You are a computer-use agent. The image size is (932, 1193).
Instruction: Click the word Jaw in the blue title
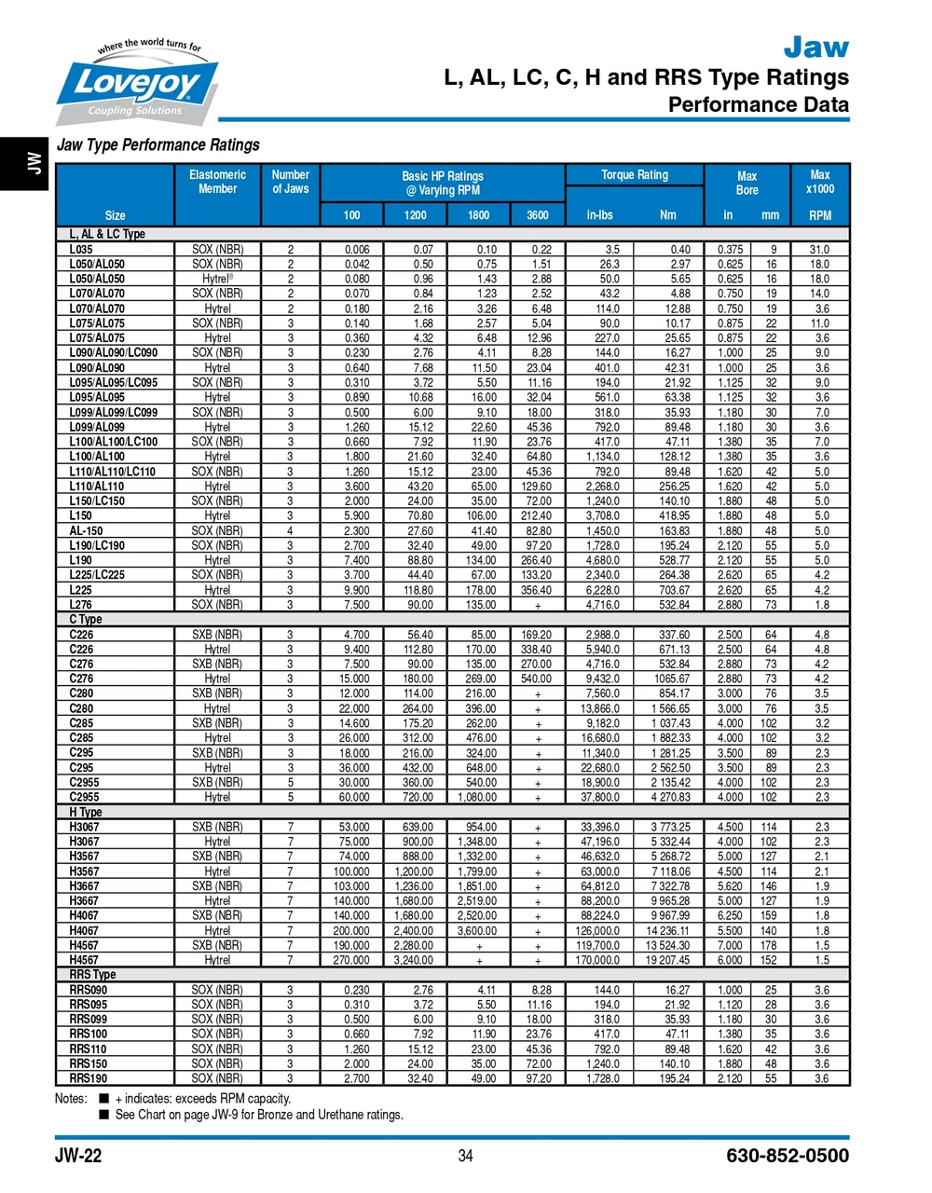point(815,47)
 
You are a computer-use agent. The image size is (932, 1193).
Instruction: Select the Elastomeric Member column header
point(217,182)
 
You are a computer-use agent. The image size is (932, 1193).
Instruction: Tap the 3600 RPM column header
point(538,215)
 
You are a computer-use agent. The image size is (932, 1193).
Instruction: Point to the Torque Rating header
point(635,175)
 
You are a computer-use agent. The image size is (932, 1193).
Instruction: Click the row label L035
point(81,250)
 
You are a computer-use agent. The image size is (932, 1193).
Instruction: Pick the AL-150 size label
point(86,531)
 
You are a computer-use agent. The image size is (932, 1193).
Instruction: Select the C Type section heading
point(86,620)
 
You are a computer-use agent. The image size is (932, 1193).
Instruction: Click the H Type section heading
point(86,813)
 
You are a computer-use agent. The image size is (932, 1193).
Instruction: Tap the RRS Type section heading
point(92,975)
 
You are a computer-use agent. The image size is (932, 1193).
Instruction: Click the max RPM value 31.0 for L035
point(819,250)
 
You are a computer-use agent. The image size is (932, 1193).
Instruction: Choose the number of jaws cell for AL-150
point(290,531)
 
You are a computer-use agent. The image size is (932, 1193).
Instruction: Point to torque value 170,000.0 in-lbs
point(596,960)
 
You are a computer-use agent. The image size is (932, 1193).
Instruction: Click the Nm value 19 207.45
point(667,960)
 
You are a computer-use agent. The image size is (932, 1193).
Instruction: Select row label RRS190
point(89,1078)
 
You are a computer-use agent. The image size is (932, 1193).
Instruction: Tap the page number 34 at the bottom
point(466,1157)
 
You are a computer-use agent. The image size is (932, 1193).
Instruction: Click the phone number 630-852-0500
point(788,1157)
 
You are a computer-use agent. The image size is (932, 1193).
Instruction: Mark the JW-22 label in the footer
point(78,1157)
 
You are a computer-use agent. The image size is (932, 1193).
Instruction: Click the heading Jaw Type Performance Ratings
point(158,145)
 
